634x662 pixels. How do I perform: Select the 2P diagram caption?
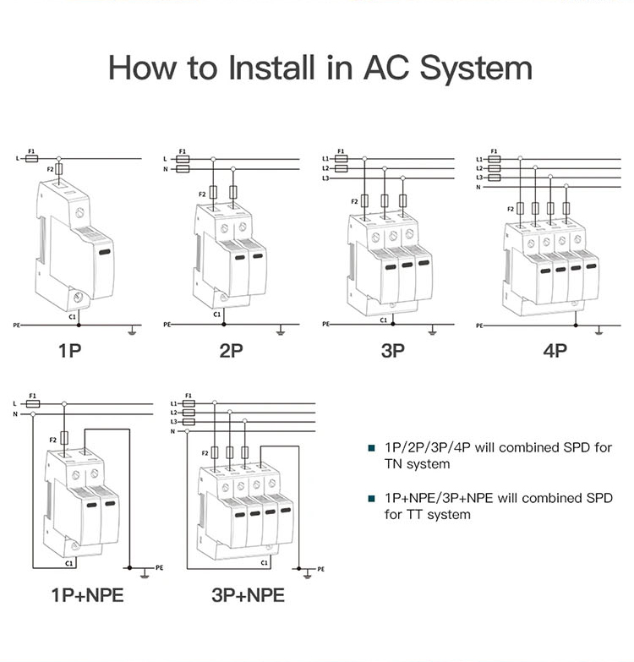tap(232, 351)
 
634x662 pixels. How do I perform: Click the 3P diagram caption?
tap(393, 351)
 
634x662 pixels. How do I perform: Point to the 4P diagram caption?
tap(555, 351)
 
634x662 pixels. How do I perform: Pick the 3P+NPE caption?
tap(248, 595)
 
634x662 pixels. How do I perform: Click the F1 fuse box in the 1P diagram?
tap(31, 158)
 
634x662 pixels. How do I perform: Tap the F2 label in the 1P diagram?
tap(50, 169)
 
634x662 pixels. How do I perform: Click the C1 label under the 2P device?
tap(217, 315)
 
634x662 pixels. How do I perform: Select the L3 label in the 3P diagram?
tap(326, 178)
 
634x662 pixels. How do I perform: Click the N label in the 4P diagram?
tap(478, 187)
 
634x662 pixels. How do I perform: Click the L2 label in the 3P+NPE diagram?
tap(174, 413)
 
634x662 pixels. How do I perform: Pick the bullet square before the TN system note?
tap(371, 448)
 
